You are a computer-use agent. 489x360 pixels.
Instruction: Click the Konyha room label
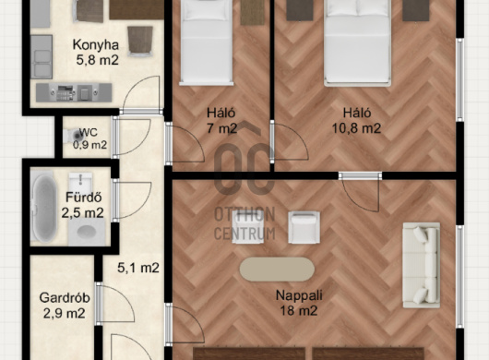(96, 45)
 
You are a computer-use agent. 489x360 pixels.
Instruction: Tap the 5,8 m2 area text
(97, 60)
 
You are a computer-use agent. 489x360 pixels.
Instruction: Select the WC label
(89, 132)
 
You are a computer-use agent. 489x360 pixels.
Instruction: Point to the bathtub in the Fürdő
(43, 207)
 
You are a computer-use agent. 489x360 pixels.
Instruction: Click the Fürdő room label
(84, 198)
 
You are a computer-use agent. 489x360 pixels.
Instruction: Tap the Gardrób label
(65, 298)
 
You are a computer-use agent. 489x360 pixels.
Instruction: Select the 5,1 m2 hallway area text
(138, 268)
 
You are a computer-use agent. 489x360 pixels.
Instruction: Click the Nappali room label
(299, 295)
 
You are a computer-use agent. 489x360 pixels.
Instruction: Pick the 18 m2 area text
(299, 311)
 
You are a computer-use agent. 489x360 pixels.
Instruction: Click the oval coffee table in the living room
(277, 270)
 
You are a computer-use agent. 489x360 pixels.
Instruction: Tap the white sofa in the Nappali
(422, 265)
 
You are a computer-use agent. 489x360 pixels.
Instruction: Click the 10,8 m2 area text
(356, 128)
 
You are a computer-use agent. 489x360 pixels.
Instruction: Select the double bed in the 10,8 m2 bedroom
(357, 42)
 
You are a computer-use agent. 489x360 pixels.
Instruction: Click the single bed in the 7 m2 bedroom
(207, 42)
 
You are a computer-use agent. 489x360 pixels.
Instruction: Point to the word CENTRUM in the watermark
(244, 234)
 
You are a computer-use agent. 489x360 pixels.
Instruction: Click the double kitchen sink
(42, 57)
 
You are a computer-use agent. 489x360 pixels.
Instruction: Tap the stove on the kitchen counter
(66, 92)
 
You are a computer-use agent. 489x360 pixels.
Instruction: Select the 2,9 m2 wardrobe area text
(64, 313)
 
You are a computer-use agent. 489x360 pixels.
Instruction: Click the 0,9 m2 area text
(89, 145)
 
